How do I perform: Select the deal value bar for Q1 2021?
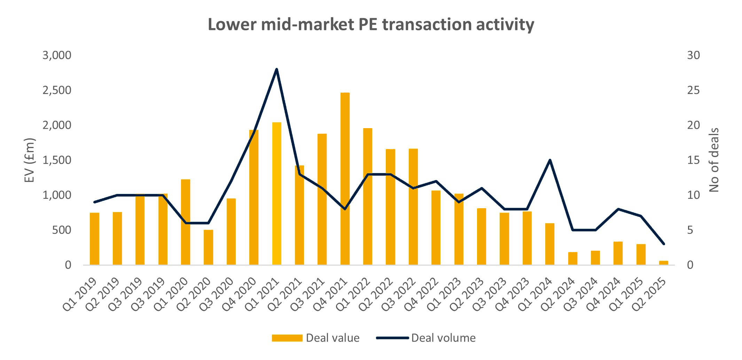tap(276, 194)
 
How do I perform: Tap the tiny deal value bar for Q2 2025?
tap(663, 263)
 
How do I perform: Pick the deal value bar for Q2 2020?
tap(208, 247)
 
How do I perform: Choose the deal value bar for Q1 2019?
tap(94, 239)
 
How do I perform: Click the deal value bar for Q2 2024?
tap(572, 258)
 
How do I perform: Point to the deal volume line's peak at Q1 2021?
tap(276, 69)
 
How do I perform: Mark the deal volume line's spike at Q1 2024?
tap(550, 160)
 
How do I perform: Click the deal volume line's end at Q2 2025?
tap(664, 244)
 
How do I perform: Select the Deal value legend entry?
tap(315, 338)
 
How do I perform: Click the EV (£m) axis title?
tap(30, 160)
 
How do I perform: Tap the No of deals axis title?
tap(714, 160)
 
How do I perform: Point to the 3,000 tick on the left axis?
tap(57, 55)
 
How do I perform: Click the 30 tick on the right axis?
tap(693, 55)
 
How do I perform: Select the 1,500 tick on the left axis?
tap(57, 160)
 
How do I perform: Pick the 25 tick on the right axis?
tap(693, 90)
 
